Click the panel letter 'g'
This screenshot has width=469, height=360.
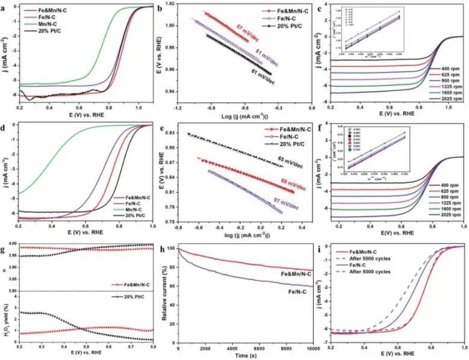point(4,244)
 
